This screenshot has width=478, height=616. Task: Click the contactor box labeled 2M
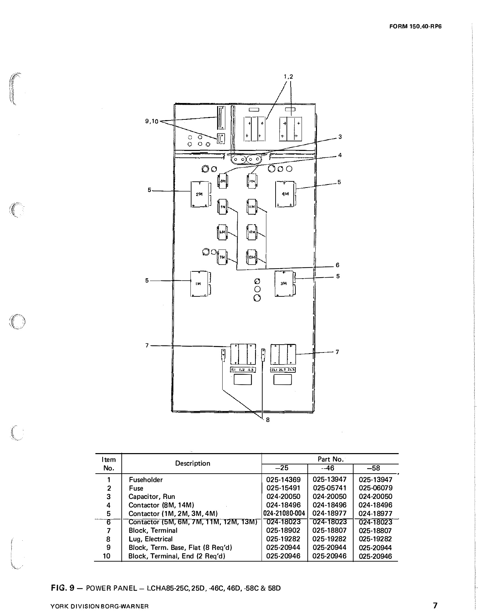coord(199,194)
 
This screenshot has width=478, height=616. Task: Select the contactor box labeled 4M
coord(285,194)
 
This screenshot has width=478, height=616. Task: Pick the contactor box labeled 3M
coord(284,283)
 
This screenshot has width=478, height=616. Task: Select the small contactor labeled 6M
coord(222,232)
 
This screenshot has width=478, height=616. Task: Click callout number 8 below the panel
coord(268,420)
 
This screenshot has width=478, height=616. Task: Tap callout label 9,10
coord(151,121)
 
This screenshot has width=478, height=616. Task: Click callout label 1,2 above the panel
coord(288,77)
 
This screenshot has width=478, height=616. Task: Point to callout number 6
coord(337,265)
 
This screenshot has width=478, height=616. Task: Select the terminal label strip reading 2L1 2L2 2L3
coord(283,370)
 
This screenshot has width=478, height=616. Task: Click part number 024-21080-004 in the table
coord(284,513)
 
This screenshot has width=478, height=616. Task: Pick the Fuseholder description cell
coord(146,480)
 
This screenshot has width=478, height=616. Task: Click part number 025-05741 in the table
coord(330,488)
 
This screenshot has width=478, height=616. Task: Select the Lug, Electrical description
coord(150,539)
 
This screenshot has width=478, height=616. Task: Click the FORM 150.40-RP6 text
coord(415,26)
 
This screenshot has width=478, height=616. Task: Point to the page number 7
coord(435,606)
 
